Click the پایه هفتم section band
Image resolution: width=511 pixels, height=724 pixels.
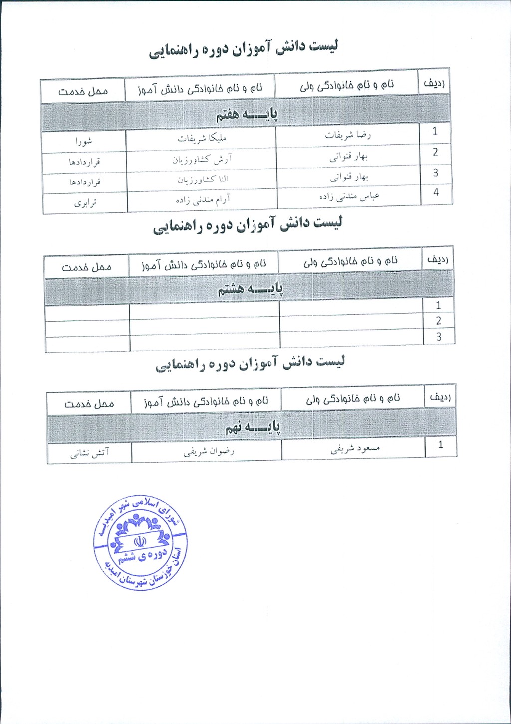tap(247, 114)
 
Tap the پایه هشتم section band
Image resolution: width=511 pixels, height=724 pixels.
tap(250, 289)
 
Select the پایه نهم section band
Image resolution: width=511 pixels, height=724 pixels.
tap(252, 427)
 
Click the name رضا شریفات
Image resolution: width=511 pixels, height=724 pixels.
tap(348, 135)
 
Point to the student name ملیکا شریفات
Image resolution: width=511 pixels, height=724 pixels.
tap(202, 138)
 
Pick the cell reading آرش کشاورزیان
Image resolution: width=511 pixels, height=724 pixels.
tap(202, 159)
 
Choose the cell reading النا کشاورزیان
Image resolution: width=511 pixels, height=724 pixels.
tap(203, 180)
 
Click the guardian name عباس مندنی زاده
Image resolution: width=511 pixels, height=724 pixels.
tap(349, 196)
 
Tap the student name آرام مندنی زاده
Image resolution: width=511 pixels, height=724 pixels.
tap(203, 200)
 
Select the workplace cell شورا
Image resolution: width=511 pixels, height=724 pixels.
tap(84, 141)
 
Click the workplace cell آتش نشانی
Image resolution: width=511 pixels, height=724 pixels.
tap(89, 453)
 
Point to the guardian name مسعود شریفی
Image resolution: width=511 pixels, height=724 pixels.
tap(355, 449)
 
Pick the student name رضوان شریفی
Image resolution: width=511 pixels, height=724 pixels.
tap(208, 452)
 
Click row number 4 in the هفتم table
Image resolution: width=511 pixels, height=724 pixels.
tap(436, 192)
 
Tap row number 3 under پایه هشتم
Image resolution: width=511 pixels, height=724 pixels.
tap(439, 337)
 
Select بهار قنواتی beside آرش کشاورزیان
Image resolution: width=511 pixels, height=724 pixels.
tap(348, 156)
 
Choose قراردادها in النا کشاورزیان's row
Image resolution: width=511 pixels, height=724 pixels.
tap(85, 182)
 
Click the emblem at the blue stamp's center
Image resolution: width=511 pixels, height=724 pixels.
tap(140, 541)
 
